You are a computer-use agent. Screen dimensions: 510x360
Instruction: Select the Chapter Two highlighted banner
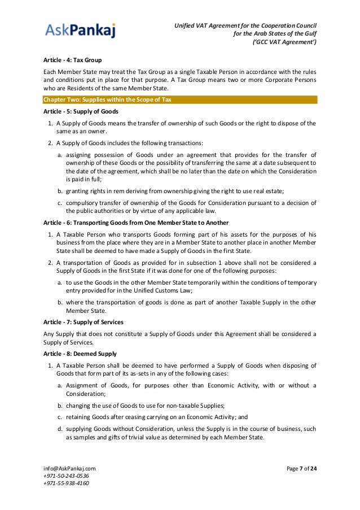(x=180, y=100)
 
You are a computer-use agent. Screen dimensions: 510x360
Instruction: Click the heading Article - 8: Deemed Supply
(x=80, y=354)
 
